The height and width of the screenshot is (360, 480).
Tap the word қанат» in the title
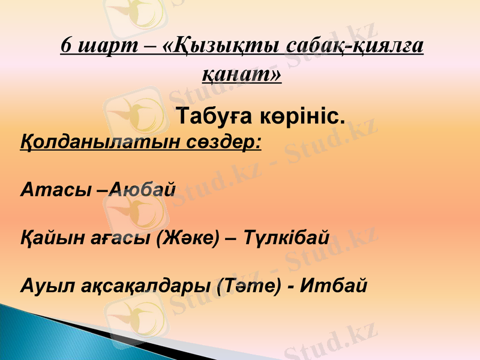pyautogui.click(x=241, y=74)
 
